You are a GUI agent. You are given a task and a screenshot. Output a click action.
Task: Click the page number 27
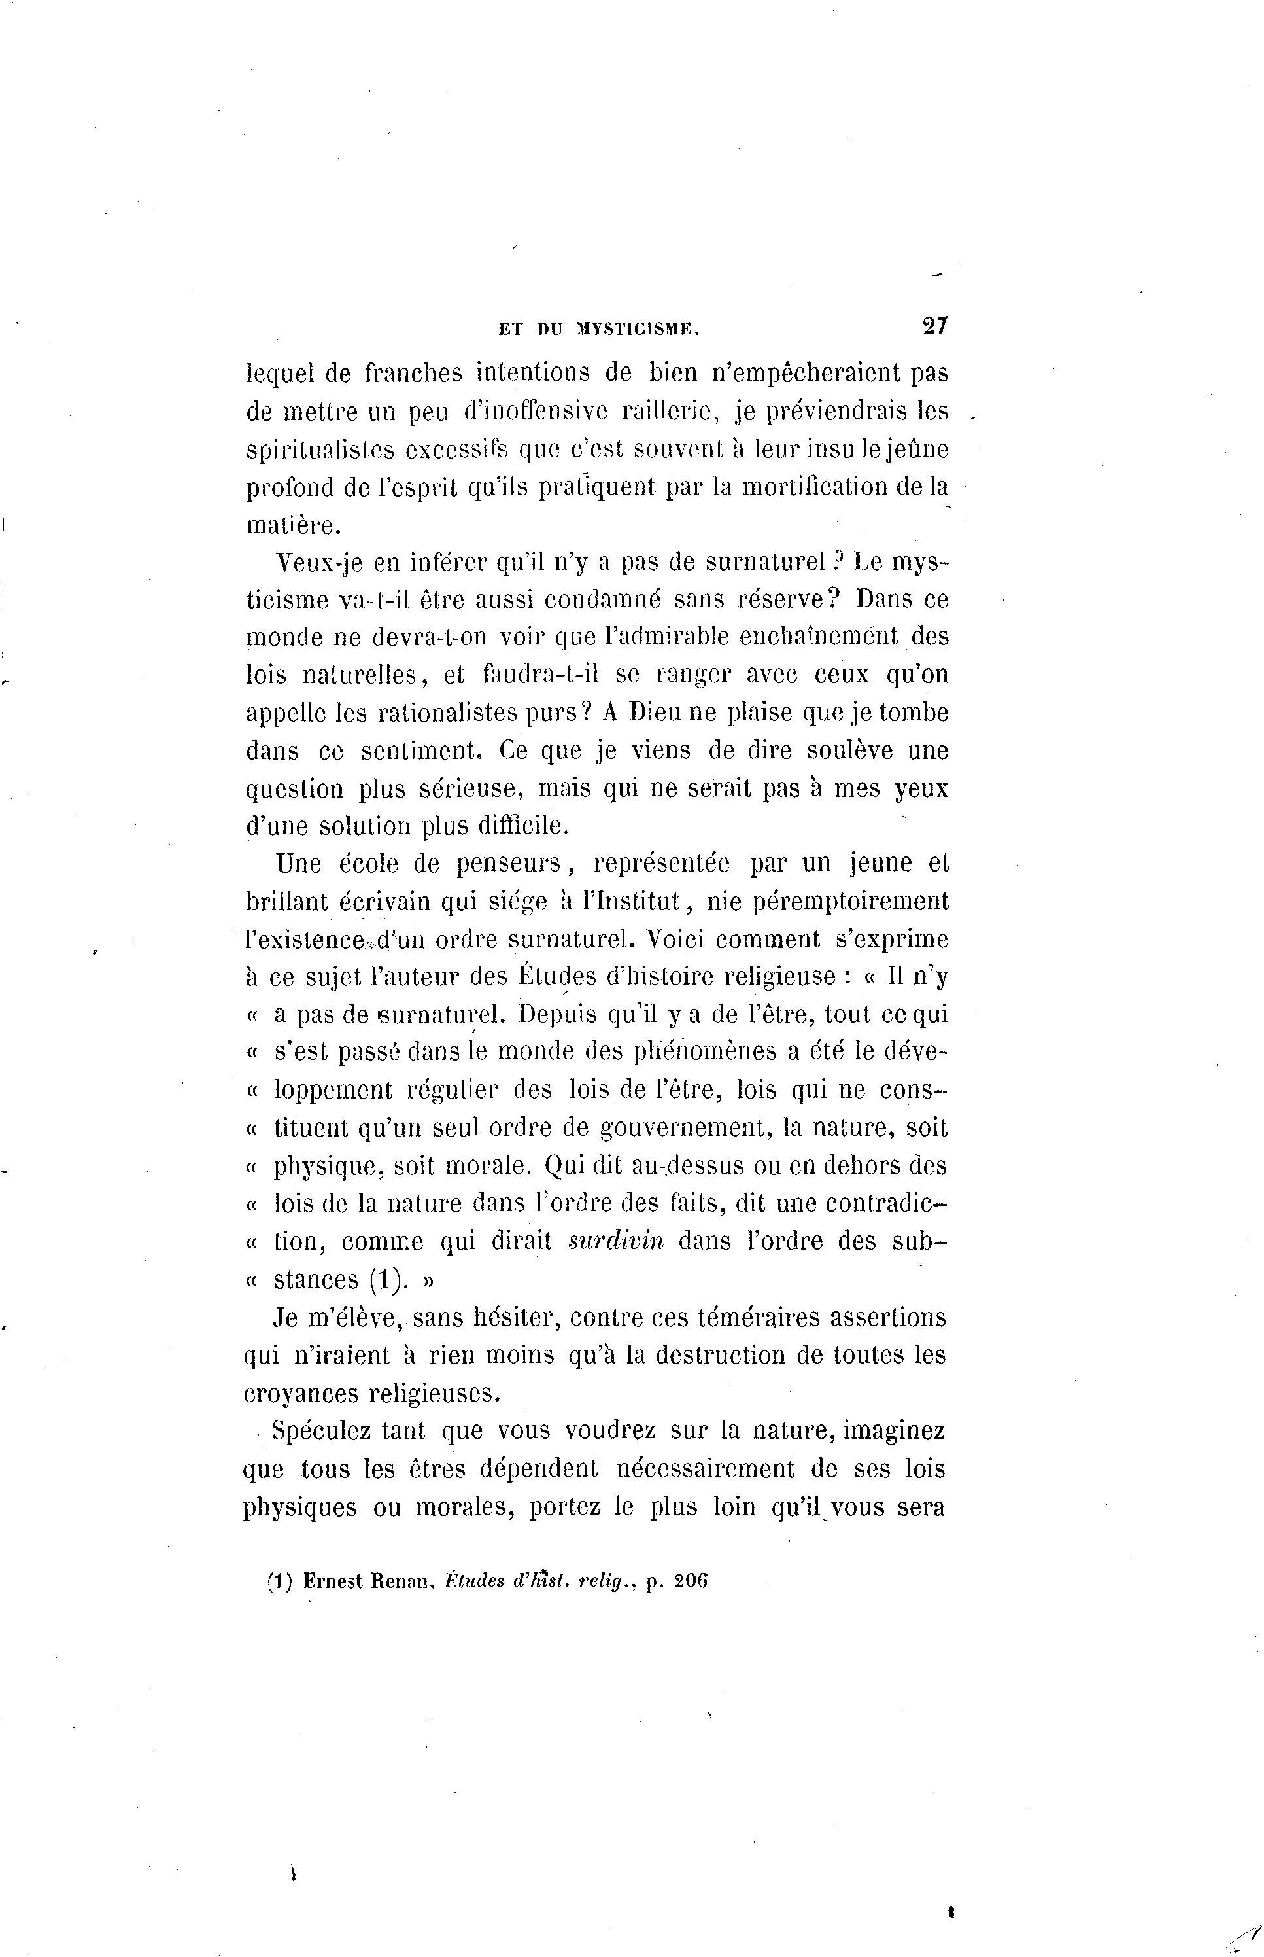coord(935,326)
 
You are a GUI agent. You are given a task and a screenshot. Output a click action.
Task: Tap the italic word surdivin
coord(615,1241)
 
